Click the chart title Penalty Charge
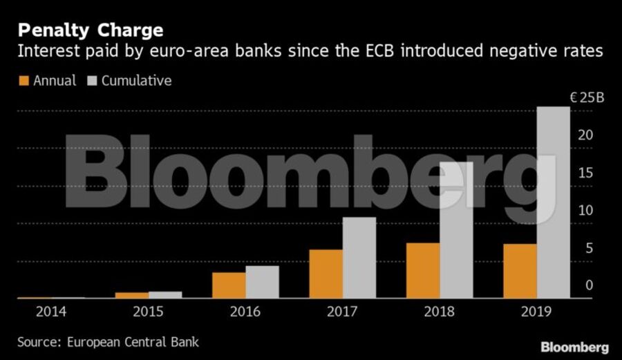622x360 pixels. (x=91, y=30)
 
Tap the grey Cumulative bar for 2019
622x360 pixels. (x=554, y=202)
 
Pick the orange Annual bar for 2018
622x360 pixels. (x=422, y=270)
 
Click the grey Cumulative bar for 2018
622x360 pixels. (x=456, y=230)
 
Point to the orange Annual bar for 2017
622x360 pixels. (x=326, y=274)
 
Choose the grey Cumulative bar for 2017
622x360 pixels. (x=359, y=258)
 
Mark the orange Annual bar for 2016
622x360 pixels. (x=229, y=285)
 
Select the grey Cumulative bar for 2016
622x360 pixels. (x=263, y=282)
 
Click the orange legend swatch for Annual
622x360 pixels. (x=23, y=81)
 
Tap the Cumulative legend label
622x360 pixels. (x=136, y=81)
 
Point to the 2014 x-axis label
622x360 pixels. (x=52, y=312)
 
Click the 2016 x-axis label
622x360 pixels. (x=245, y=312)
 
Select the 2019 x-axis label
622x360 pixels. (x=536, y=312)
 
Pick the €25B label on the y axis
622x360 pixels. (x=587, y=98)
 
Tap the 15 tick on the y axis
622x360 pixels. (x=585, y=173)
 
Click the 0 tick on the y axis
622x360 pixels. (x=590, y=285)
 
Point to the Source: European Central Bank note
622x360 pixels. (x=109, y=342)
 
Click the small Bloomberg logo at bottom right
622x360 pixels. (x=574, y=346)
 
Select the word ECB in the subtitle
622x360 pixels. (x=388, y=52)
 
